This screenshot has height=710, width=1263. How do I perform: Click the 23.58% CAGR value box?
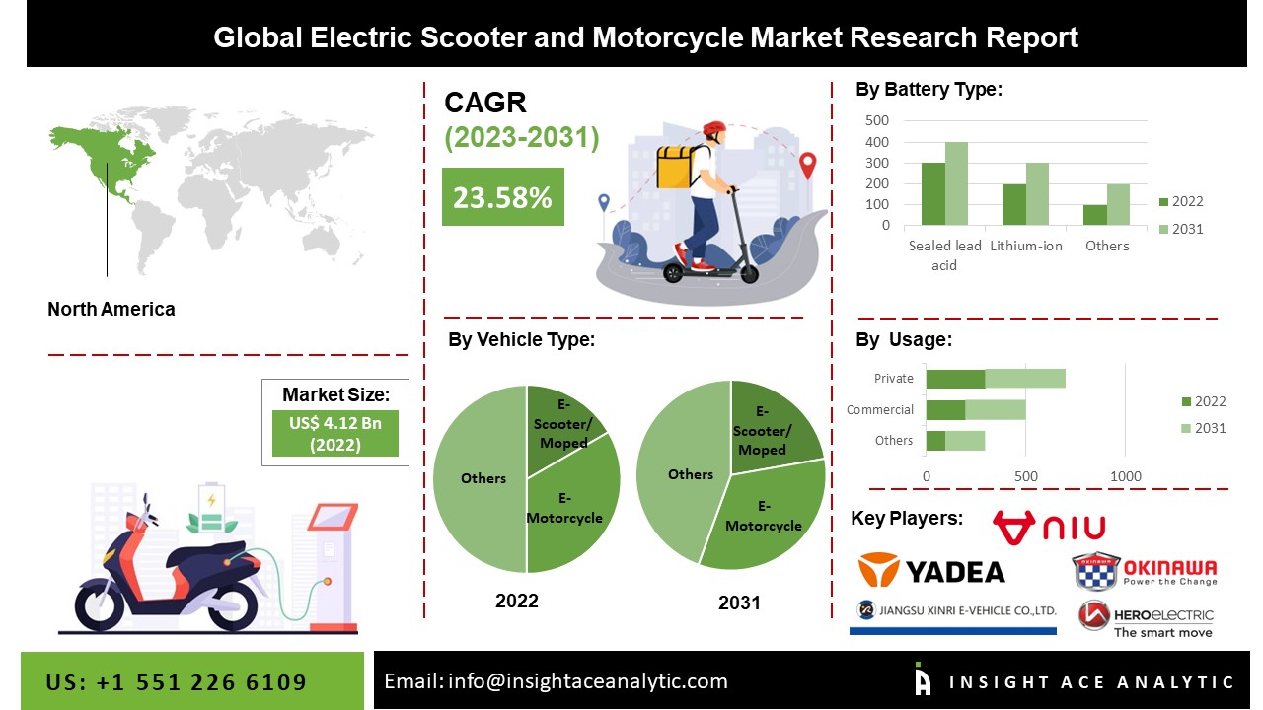click(502, 197)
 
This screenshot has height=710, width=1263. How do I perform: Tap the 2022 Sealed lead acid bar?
click(932, 194)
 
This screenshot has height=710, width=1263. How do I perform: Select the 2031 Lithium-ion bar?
click(1037, 194)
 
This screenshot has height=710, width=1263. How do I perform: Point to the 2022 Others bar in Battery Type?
click(1094, 215)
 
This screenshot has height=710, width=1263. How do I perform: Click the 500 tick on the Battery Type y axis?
click(877, 120)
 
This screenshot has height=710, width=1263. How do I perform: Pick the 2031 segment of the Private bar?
click(1025, 379)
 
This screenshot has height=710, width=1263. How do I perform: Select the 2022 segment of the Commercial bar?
click(945, 409)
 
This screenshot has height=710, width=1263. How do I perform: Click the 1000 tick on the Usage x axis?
click(1126, 477)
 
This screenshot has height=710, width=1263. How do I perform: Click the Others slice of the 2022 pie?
click(482, 478)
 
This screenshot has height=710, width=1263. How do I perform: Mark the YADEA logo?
click(931, 570)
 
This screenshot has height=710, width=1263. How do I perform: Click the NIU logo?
click(1049, 529)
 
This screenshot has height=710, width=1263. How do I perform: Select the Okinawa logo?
click(1145, 570)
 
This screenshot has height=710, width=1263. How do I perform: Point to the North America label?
click(111, 309)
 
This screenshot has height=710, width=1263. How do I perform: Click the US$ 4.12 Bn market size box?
click(335, 433)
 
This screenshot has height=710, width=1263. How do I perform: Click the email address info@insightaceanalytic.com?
click(556, 681)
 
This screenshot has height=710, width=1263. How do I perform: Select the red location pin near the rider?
click(808, 165)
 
